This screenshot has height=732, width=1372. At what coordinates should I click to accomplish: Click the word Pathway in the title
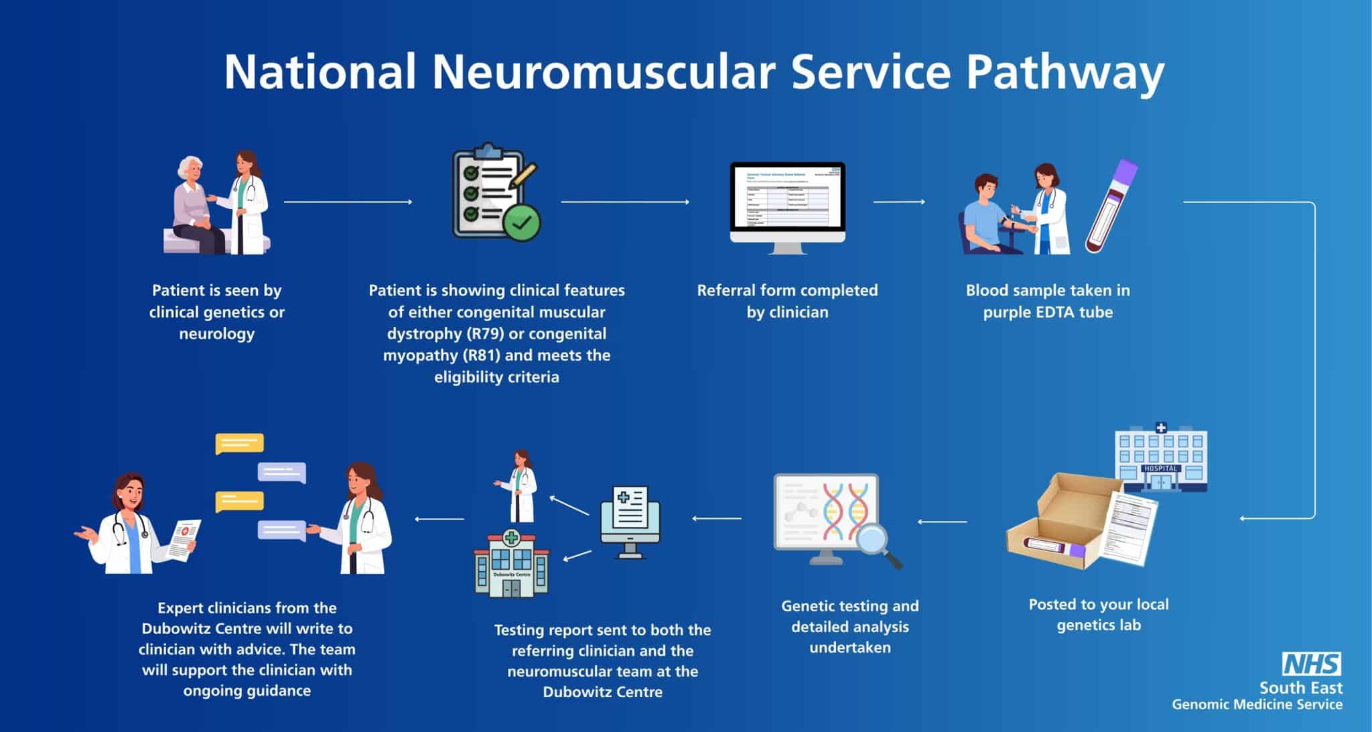(1065, 72)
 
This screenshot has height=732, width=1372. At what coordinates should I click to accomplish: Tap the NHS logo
(1311, 664)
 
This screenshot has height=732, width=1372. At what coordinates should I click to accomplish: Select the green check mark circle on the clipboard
(521, 221)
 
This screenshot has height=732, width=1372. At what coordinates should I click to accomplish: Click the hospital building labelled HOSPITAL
(1160, 458)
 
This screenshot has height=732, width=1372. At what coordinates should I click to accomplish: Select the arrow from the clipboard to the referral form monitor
(625, 202)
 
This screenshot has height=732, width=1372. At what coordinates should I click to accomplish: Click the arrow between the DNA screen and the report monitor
(717, 518)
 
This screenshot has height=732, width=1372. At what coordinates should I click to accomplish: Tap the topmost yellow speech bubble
(239, 444)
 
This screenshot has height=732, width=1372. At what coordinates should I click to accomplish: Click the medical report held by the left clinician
(183, 539)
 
